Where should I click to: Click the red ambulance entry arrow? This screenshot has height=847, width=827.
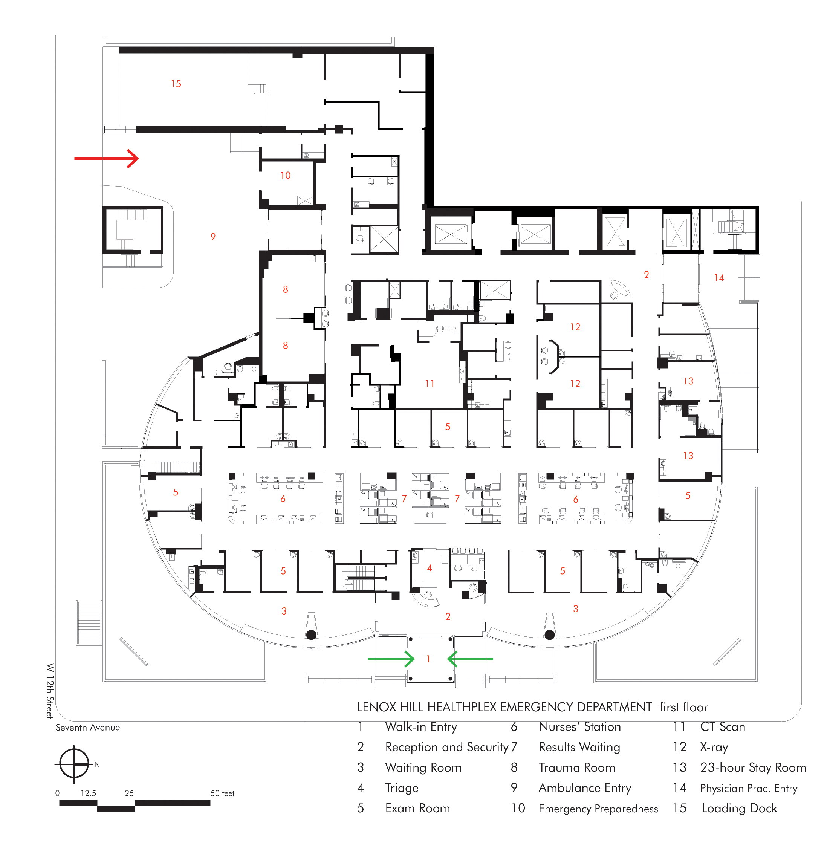[106, 159]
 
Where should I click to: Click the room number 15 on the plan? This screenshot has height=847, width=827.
[176, 84]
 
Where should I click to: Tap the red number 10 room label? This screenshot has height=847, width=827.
[285, 176]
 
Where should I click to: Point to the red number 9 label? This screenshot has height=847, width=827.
[213, 237]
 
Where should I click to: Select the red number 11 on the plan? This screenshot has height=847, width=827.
[430, 384]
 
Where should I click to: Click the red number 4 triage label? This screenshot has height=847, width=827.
[430, 568]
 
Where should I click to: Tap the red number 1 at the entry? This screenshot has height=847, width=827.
[428, 659]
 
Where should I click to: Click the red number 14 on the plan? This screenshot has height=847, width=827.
[719, 278]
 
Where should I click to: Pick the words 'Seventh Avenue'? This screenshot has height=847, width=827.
[88, 728]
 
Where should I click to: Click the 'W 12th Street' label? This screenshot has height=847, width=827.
[50, 691]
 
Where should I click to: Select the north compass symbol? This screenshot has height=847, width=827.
[74, 764]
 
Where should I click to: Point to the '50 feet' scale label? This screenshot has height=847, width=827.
[222, 793]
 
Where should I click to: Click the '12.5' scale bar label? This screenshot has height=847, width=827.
[88, 793]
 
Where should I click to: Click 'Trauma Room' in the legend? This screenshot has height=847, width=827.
[577, 767]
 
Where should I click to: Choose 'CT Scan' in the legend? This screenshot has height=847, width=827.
[722, 727]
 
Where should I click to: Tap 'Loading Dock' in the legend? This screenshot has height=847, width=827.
[739, 808]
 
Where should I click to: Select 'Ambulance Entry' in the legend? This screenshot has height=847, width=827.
[585, 788]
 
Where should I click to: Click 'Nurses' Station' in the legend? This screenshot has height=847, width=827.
[580, 727]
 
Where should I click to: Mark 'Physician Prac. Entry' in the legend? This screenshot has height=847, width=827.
[749, 788]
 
